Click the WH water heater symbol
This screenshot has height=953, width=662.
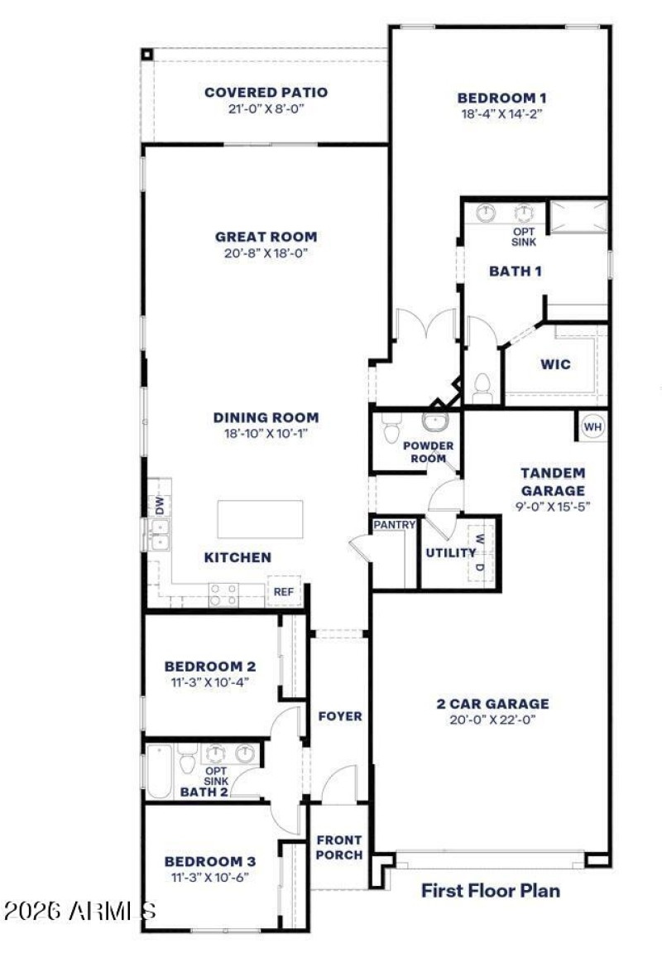coord(592,426)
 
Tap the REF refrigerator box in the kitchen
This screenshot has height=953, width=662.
coord(284,592)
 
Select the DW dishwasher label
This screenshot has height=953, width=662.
coord(160,505)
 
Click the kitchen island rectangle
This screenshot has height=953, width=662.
coord(260,519)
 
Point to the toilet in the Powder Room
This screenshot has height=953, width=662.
coord(391,430)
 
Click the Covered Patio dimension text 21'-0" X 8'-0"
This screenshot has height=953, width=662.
coord(266,108)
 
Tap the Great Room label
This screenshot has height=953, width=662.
coord(266,237)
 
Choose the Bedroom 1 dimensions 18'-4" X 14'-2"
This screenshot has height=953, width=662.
coord(502,114)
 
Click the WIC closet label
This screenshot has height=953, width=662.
coord(555,364)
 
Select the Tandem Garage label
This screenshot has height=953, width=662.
coord(553,481)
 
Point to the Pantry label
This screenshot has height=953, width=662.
coord(394,525)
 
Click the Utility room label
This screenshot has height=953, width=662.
coord(451,552)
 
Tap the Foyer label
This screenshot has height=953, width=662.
coord(340,715)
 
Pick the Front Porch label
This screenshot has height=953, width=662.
coord(339,847)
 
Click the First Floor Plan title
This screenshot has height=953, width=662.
coord(490,891)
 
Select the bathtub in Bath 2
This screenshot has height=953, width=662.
coord(160,772)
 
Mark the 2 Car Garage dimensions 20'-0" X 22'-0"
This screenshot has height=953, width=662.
coord(492,720)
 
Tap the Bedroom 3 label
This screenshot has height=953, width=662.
coord(209,860)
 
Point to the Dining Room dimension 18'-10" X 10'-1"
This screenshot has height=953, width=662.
coord(266,433)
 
